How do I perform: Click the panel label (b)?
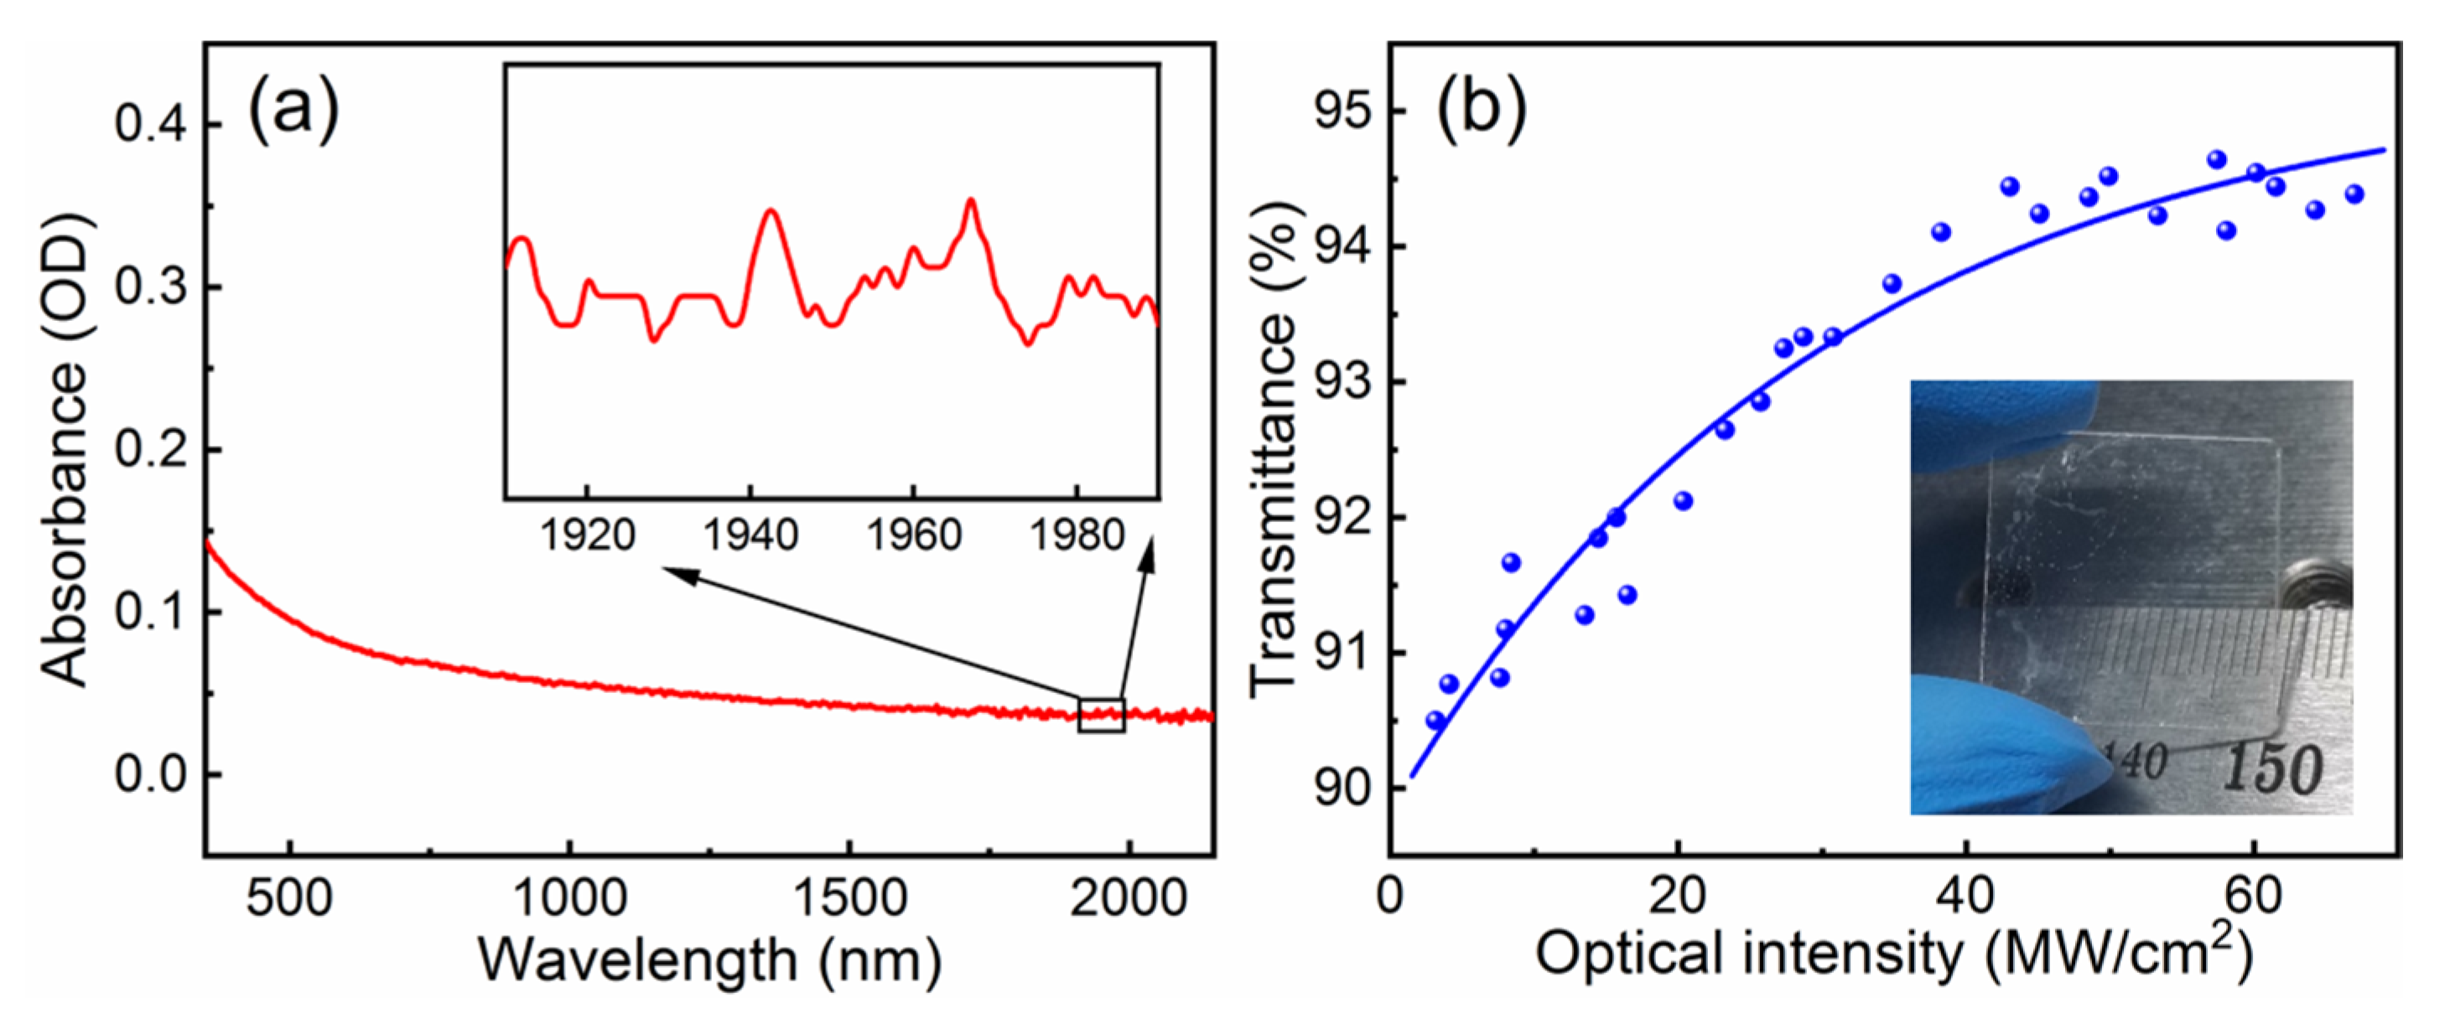pyautogui.click(x=1481, y=111)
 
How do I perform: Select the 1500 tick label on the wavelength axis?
pyautogui.click(x=849, y=897)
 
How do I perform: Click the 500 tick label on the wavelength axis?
pyautogui.click(x=289, y=897)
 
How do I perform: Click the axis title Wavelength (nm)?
pyautogui.click(x=709, y=960)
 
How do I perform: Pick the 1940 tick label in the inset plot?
pyautogui.click(x=750, y=536)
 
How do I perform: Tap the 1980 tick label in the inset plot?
pyautogui.click(x=1077, y=536)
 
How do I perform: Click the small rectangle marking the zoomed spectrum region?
pyautogui.click(x=1102, y=715)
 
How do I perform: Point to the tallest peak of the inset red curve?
pyautogui.click(x=970, y=202)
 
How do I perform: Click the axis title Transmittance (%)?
pyautogui.click(x=1273, y=449)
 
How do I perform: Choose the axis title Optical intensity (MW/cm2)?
pyautogui.click(x=1892, y=954)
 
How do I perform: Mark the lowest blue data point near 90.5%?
pyautogui.click(x=1435, y=721)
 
